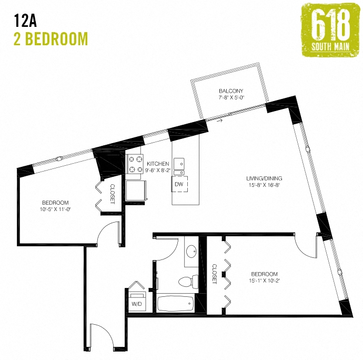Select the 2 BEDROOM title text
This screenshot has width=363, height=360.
coord(51,38)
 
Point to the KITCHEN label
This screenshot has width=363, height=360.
coord(157,163)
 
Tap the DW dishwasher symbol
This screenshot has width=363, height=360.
coord(178,184)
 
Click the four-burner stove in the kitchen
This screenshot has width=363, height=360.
coord(136,163)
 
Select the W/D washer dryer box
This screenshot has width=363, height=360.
coord(137,304)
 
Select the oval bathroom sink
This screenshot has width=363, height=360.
coord(191,253)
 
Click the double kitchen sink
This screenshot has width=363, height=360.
coord(179,165)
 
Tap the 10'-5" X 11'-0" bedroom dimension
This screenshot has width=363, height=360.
coord(56,209)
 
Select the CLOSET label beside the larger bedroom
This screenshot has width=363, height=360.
coord(215,274)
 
